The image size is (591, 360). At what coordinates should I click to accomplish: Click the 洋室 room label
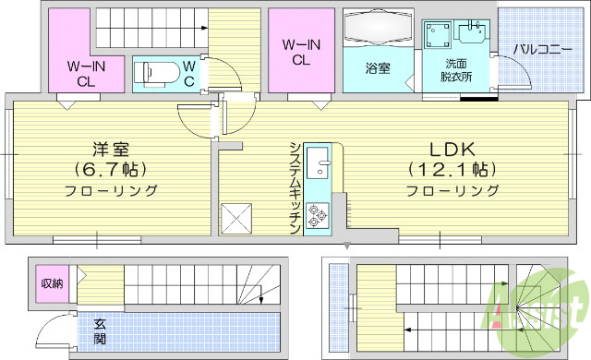111,149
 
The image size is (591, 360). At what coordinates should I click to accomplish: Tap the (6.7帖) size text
111,170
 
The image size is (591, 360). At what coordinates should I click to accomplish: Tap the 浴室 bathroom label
377,68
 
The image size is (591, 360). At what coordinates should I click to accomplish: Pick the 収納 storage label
52,282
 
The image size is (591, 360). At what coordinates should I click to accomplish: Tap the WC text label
187,72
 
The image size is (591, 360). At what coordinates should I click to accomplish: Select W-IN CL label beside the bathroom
301,52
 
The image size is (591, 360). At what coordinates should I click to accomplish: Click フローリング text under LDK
453,191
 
